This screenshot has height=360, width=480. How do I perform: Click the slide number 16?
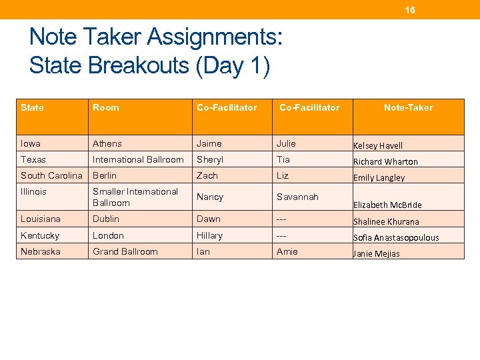point(410,10)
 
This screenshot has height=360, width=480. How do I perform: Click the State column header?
point(32,107)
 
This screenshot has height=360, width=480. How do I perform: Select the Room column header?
point(106,107)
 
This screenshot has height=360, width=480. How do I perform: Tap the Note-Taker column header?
point(408,107)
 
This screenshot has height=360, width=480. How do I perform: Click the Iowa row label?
point(31,143)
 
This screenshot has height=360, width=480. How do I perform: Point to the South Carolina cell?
point(52,175)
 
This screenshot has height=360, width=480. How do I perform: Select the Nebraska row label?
point(41,251)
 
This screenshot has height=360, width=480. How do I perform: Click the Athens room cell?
point(107,143)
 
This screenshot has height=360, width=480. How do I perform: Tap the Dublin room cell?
point(106,219)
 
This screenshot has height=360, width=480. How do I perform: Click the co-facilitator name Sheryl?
point(210,159)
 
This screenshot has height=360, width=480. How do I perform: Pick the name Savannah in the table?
point(297,197)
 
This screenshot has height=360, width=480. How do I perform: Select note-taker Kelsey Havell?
point(378,145)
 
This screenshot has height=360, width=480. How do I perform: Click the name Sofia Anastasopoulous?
point(396,237)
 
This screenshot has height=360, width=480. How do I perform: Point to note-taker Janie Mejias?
point(377,253)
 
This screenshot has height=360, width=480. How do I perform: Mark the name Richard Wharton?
point(385,161)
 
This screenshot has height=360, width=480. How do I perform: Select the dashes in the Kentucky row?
point(281,235)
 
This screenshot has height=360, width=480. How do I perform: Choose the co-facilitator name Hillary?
point(210,235)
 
